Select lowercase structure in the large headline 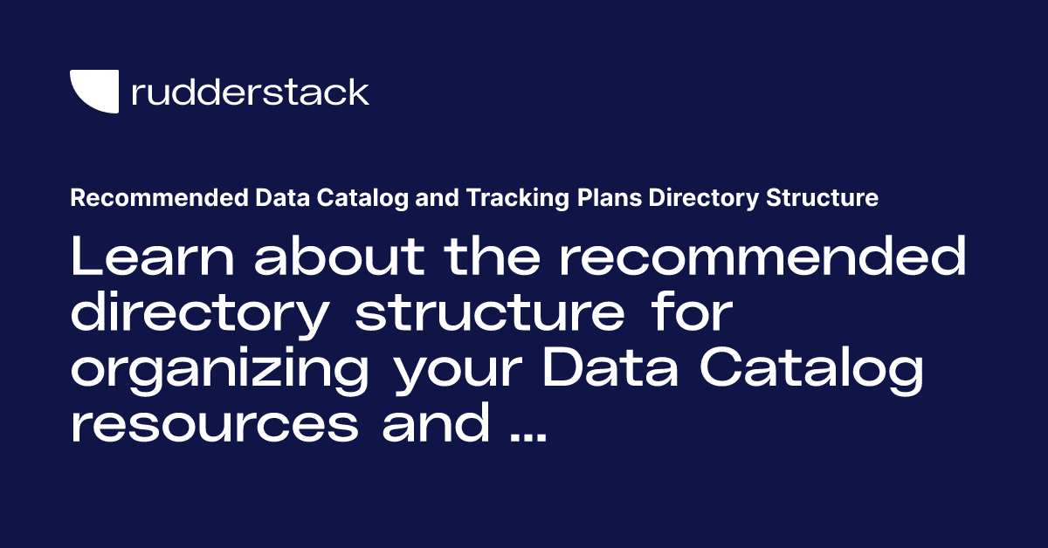490,315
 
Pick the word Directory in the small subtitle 708,199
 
